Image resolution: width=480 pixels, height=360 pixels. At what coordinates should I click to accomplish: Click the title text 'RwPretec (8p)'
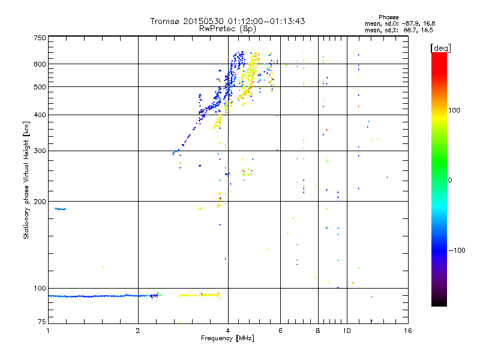tap(227, 28)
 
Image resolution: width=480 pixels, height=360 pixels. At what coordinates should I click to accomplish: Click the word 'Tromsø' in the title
tap(164, 21)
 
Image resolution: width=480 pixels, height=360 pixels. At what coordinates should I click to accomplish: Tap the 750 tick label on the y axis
tap(40, 38)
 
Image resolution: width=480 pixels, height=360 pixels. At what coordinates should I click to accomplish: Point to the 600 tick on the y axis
tap(40, 64)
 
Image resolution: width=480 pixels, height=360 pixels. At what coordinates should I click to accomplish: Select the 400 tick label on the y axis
tap(40, 115)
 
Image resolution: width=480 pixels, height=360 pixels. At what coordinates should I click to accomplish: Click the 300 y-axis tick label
tap(40, 151)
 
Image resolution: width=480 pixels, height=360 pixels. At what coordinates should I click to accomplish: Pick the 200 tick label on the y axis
tap(40, 202)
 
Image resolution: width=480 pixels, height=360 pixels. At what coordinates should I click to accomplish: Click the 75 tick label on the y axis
tap(41, 323)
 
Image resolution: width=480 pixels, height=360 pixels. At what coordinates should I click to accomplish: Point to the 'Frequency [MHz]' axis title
tap(227, 338)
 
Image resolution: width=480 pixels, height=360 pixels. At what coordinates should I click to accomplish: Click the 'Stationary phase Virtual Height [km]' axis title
tap(26, 180)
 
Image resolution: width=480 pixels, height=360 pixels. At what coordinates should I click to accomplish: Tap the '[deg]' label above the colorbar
tap(440, 47)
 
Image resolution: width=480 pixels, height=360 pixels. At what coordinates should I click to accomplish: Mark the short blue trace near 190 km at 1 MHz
tap(60, 209)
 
